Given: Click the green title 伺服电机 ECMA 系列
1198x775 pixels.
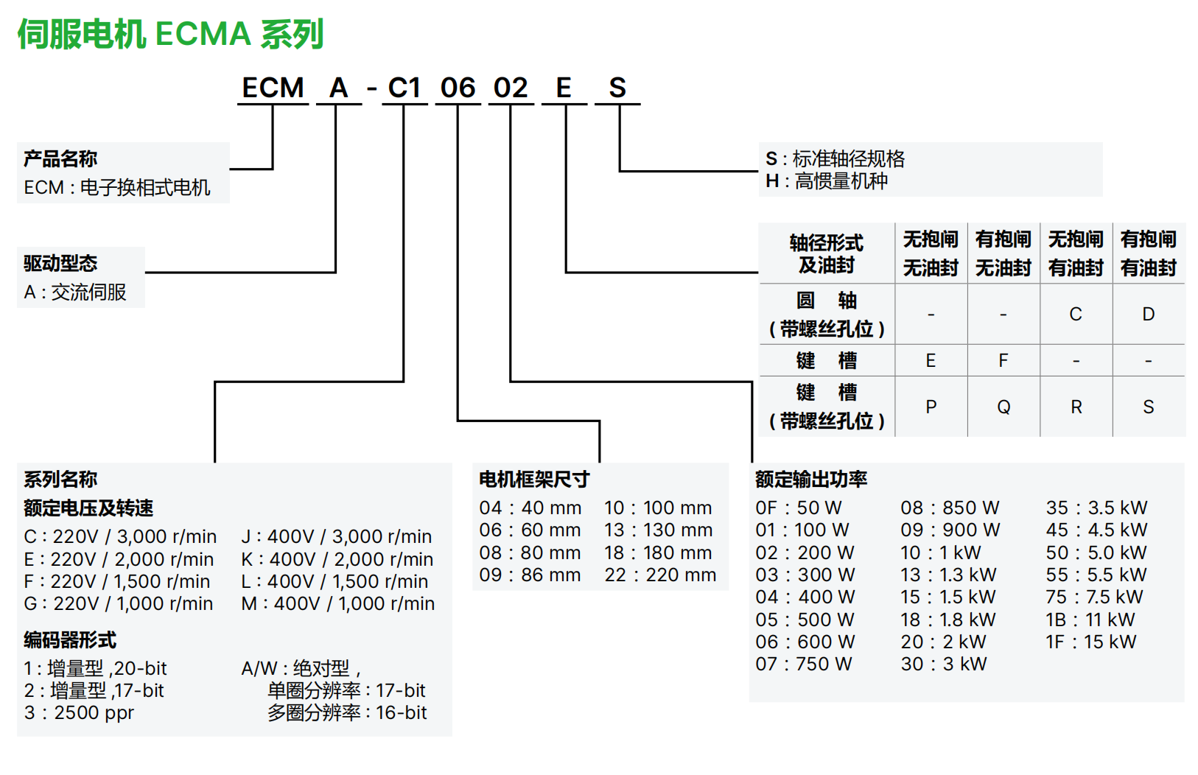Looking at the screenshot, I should click(x=170, y=34).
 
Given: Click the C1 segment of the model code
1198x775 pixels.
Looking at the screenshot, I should click(x=404, y=88).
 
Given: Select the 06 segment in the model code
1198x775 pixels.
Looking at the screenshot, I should click(x=458, y=88).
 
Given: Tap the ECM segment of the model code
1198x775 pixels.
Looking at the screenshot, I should click(x=273, y=88).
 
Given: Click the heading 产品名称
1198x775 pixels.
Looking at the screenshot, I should click(x=60, y=158).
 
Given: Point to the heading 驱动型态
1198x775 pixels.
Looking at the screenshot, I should click(x=60, y=263).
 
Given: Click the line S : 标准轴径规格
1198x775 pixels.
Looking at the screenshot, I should click(x=835, y=158).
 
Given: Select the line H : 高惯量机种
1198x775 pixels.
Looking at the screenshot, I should click(x=827, y=181).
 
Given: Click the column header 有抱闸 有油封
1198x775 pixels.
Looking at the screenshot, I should click(x=1148, y=253).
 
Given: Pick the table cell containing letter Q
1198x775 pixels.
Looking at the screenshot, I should click(x=1003, y=407).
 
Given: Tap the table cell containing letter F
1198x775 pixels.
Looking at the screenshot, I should click(x=1003, y=361).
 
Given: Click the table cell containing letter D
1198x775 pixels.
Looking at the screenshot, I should click(x=1148, y=315).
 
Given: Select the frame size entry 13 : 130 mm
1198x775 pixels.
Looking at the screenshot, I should click(x=659, y=530).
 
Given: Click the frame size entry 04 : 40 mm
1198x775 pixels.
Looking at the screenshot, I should click(x=530, y=508).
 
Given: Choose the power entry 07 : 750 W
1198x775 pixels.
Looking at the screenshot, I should click(x=804, y=664).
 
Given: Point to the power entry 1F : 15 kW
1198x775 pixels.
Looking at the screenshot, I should click(x=1090, y=642).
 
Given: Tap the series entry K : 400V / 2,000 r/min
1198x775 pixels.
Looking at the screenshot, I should click(x=337, y=560).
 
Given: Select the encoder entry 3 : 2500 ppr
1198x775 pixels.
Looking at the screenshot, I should click(x=79, y=713).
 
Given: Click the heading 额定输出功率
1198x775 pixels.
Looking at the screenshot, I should click(x=811, y=480).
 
